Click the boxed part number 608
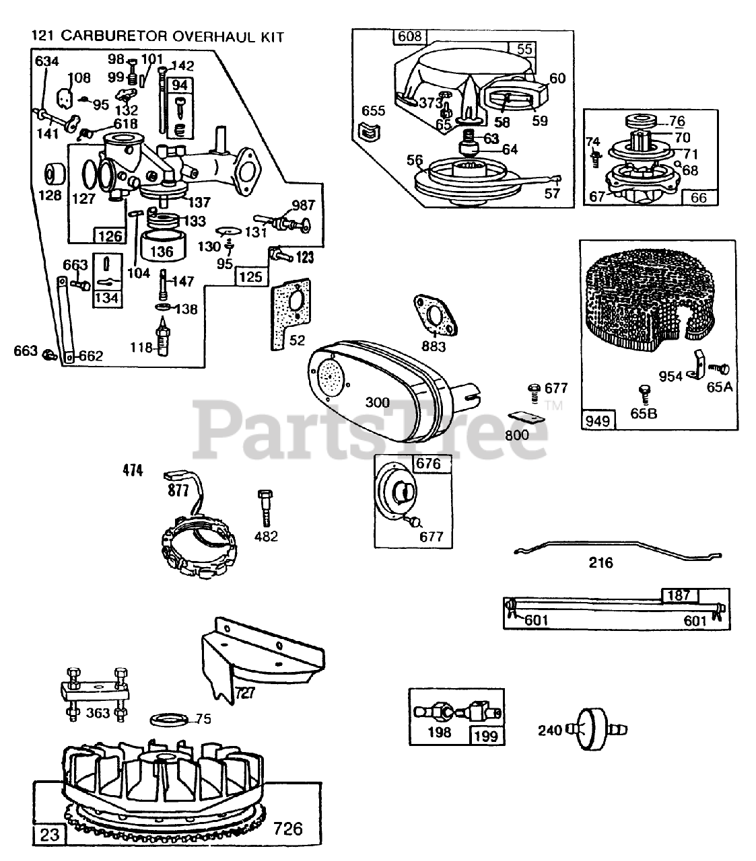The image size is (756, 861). coord(409,36)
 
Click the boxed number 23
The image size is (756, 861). coord(50,835)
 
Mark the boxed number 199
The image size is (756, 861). coord(486,735)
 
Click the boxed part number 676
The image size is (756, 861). coord(427,463)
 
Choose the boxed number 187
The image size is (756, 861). coord(679,595)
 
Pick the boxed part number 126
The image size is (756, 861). coord(110,235)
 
